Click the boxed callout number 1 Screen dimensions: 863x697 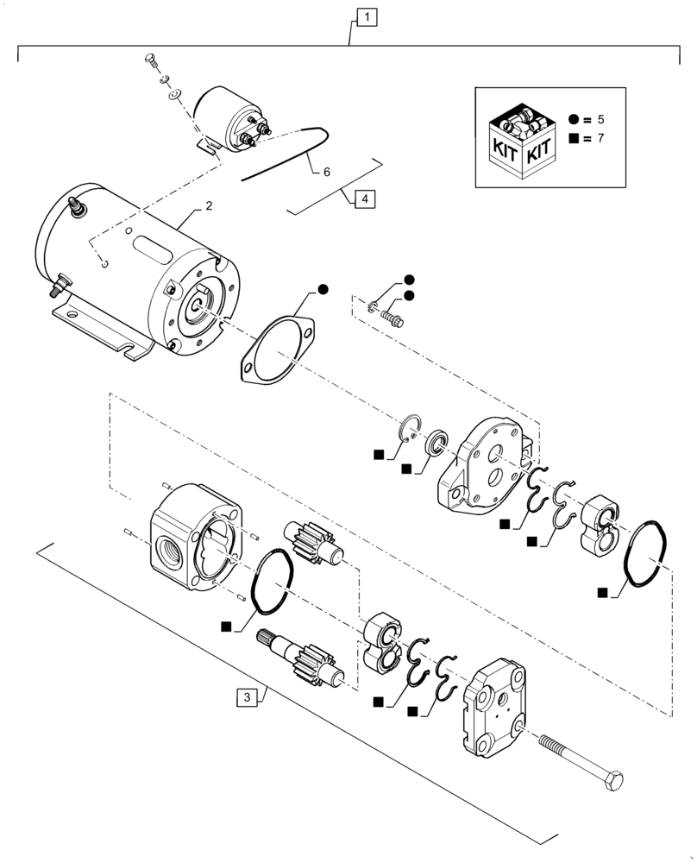[x=367, y=16]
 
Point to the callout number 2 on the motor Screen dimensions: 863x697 [x=208, y=207]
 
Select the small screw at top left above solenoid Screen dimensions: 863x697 [x=148, y=61]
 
